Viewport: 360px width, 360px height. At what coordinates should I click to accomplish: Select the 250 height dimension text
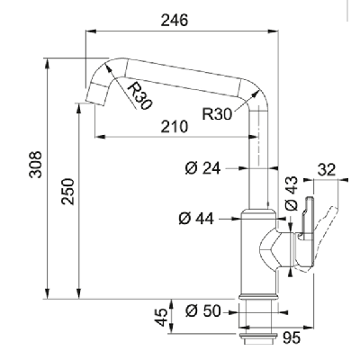[x=67, y=192]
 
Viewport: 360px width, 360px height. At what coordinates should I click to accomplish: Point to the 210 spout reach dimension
[x=175, y=127]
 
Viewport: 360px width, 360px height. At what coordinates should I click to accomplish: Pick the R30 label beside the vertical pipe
[x=217, y=114]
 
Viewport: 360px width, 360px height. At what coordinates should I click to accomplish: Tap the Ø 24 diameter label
[x=202, y=168]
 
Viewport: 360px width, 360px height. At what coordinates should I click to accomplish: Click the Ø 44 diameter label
[x=196, y=219]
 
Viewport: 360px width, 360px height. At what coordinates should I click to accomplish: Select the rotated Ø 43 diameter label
[x=292, y=193]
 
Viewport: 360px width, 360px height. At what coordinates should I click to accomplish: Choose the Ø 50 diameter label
[x=202, y=310]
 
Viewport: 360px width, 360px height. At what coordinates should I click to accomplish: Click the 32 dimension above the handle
[x=326, y=170]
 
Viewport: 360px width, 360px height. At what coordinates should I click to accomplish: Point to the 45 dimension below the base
[x=161, y=317]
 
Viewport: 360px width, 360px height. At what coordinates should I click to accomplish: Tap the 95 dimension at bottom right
[x=291, y=338]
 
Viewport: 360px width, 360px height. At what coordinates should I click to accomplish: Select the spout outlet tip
[x=96, y=95]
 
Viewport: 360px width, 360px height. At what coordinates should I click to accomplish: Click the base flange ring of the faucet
[x=257, y=297]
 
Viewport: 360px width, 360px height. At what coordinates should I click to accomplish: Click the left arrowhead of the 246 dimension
[x=91, y=31]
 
